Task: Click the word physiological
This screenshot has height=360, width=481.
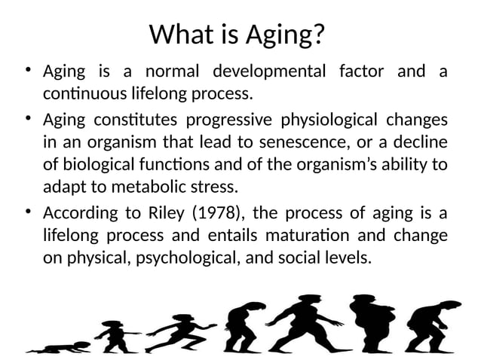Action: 329,120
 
